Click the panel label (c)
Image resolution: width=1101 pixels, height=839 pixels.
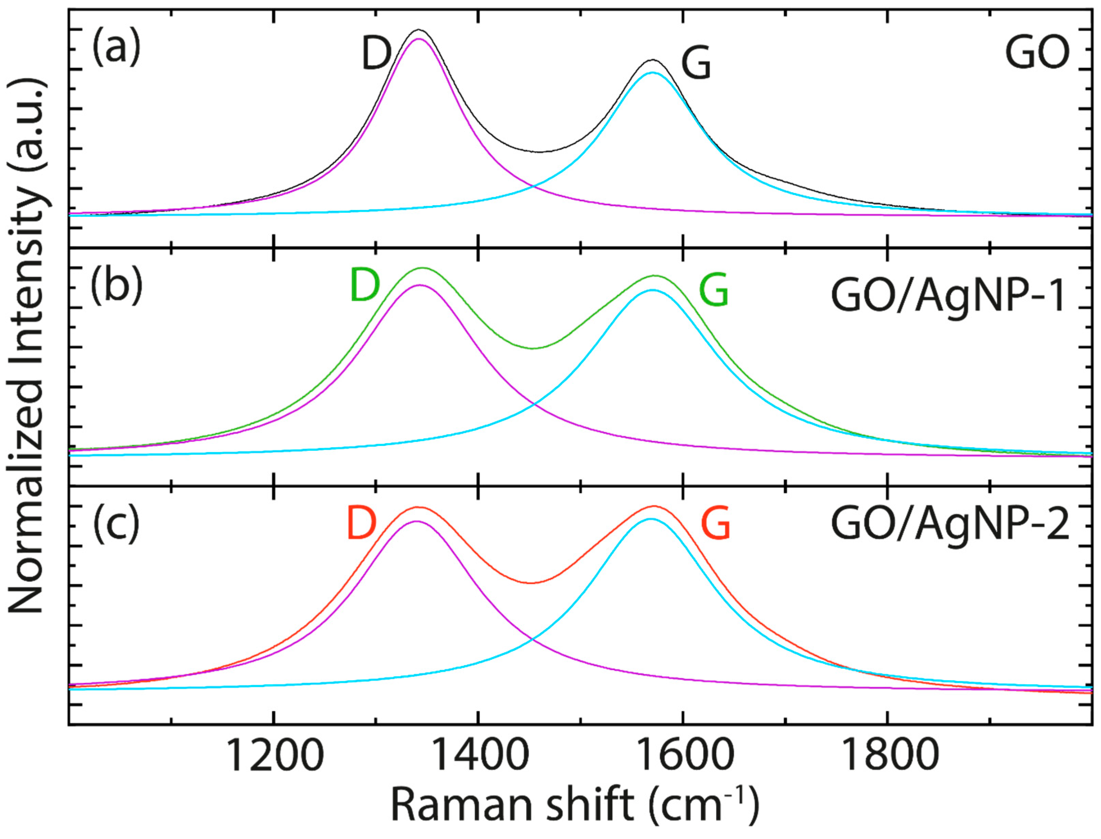116,525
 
